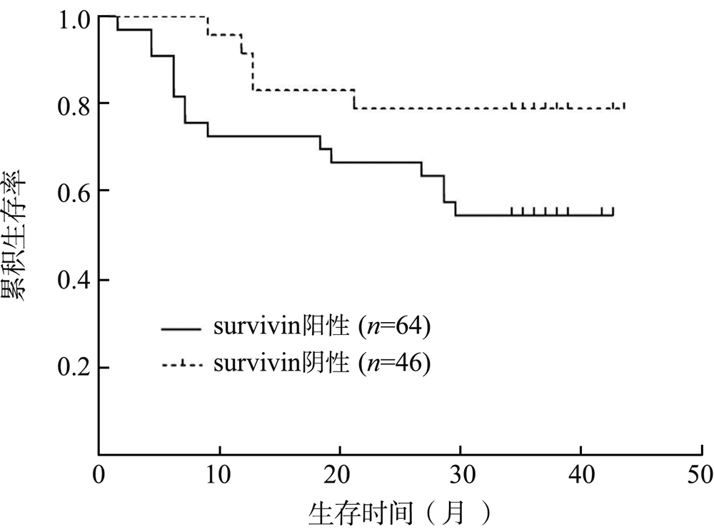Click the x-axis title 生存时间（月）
pyautogui.click(x=400, y=512)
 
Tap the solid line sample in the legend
pyautogui.click(x=183, y=329)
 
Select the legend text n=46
pyautogui.click(x=397, y=364)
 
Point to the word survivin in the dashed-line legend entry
pyautogui.click(x=251, y=364)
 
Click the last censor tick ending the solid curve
pyautogui.click(x=613, y=211)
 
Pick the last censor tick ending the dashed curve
pyautogui.click(x=624, y=106)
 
